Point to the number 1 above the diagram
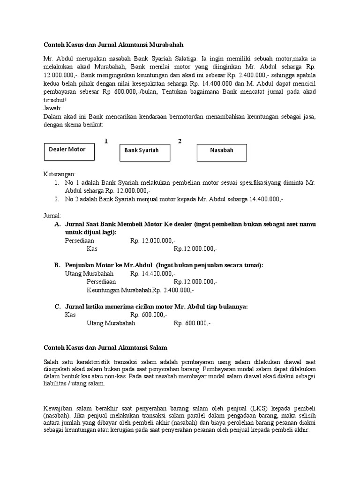106,141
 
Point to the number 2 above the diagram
180,141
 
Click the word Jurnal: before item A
52,216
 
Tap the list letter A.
57,225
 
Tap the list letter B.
57,265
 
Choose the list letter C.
57,307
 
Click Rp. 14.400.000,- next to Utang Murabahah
153,273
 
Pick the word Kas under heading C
70,315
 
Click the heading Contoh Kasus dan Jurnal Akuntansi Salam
105,347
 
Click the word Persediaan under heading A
79,240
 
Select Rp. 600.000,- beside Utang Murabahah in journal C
192,323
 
